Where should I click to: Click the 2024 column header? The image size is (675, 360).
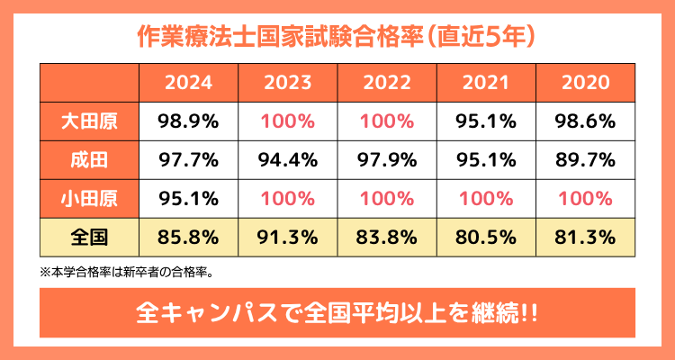pos(188,83)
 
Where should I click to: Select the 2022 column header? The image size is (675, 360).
pos(387,83)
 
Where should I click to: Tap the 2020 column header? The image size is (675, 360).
pos(586,83)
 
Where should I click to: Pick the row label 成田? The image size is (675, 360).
pos(89,160)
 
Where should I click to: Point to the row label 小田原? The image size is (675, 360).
pos(89,199)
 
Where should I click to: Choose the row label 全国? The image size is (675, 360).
pos(89,238)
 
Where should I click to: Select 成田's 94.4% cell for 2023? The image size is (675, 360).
pos(288,160)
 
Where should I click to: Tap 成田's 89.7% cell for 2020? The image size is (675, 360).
pos(586,160)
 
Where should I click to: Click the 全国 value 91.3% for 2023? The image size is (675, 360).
pos(288,238)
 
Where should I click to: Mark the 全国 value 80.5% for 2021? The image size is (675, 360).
pos(487,238)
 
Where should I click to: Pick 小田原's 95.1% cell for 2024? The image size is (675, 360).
pos(188,199)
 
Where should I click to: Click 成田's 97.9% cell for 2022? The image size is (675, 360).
pos(387,160)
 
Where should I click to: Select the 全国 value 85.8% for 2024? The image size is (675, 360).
pos(188,238)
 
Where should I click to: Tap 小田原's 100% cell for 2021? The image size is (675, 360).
pos(487,199)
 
